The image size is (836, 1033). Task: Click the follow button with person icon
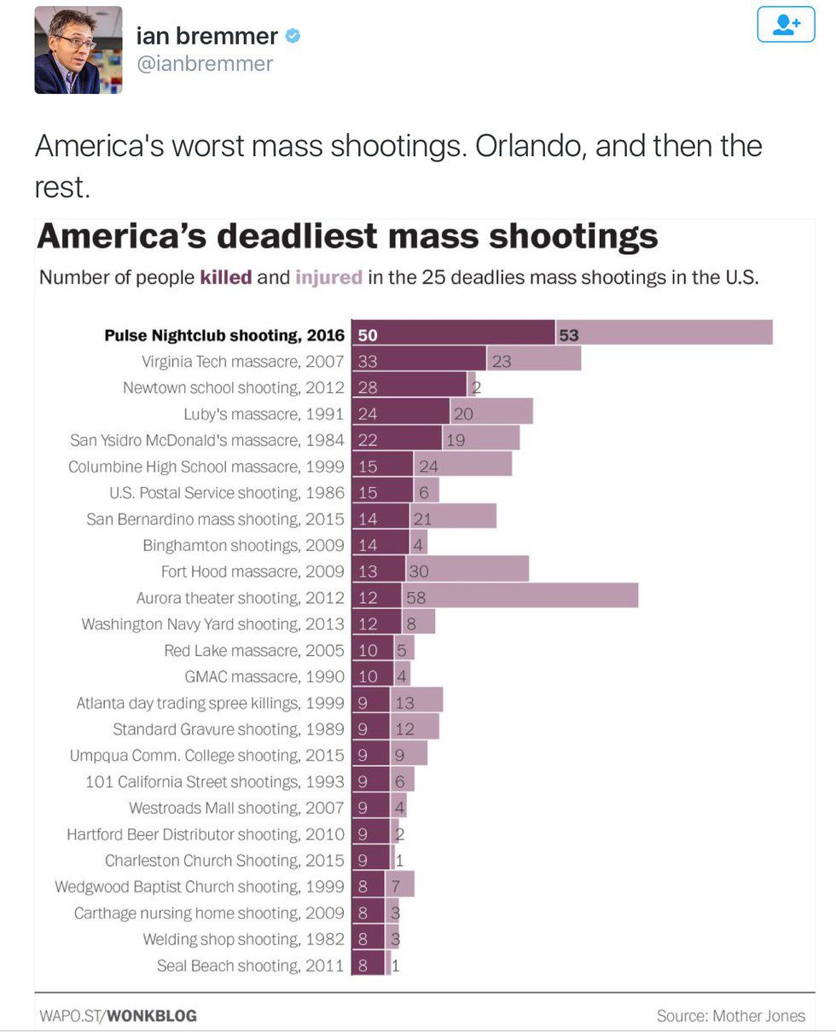[x=786, y=25]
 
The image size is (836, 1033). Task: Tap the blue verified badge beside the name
[x=293, y=36]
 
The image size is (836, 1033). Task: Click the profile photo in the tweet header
[x=78, y=49]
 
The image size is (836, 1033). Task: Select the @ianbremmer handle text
[x=205, y=64]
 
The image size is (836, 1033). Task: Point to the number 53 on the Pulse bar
[x=569, y=335]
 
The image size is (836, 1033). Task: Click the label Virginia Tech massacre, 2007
[x=242, y=362]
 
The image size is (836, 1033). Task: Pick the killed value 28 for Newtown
[x=368, y=387]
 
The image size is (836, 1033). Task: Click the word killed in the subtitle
[x=225, y=277]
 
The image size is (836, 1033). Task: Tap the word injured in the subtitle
[x=328, y=277]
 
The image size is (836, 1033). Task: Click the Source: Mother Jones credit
[x=730, y=1015]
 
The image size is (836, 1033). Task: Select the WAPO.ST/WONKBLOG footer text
[x=118, y=1016]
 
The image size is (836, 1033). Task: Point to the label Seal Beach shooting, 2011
[x=250, y=966]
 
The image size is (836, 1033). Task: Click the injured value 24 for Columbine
[x=428, y=466]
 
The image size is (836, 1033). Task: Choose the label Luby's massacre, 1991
[x=264, y=415]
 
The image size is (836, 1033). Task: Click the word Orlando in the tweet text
[x=530, y=146]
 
